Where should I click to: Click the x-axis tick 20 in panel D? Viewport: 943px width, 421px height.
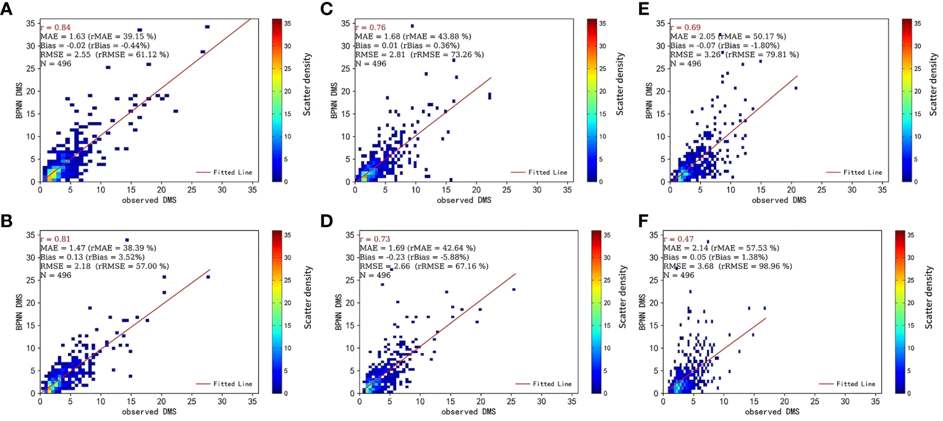pos(481,401)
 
